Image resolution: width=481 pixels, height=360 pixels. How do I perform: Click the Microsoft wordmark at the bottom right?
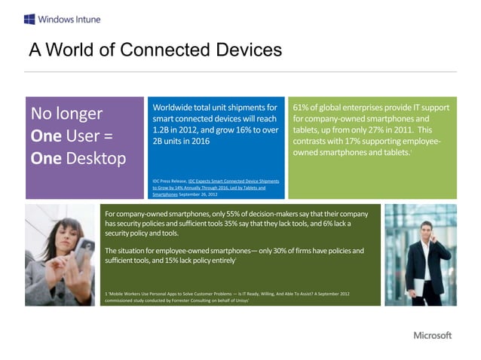point(432,335)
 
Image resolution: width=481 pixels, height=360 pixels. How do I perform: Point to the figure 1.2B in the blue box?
point(162,130)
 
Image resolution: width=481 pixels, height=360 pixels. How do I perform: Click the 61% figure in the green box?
point(302,108)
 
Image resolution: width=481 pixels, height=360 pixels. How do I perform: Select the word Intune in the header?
point(86,18)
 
